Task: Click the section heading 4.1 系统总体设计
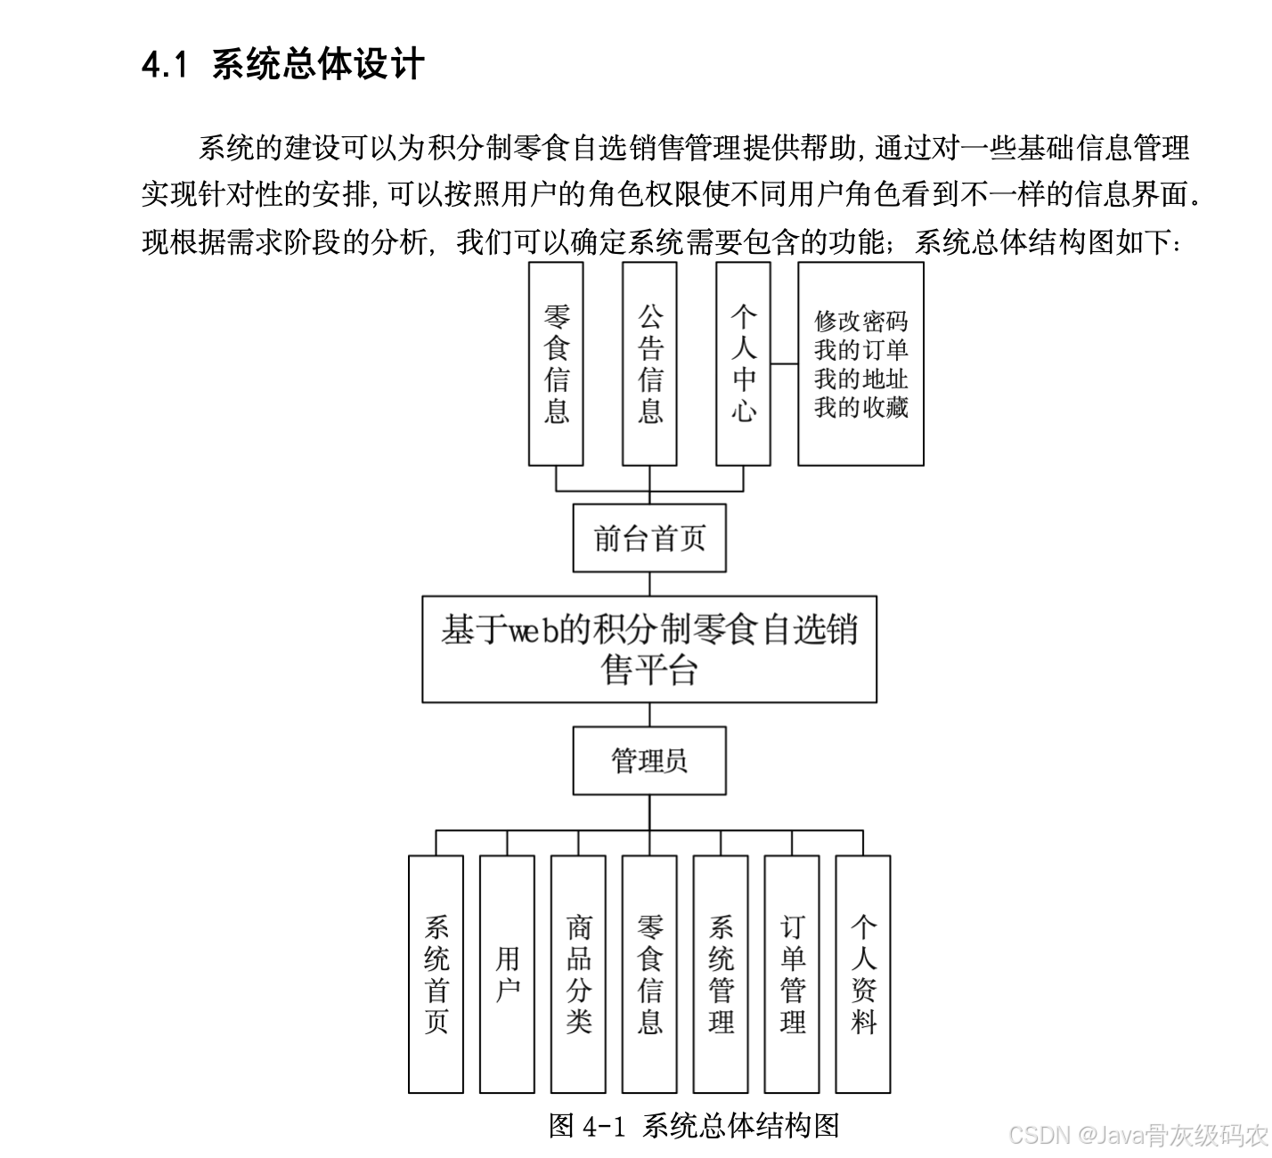tap(282, 65)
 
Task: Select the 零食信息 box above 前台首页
tap(556, 363)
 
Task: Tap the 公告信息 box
tap(649, 363)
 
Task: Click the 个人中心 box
tap(743, 363)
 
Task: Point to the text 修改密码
tap(860, 321)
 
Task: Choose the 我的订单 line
tap(860, 349)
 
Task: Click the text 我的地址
tap(860, 379)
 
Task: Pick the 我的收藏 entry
tap(860, 407)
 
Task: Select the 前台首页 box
tap(649, 538)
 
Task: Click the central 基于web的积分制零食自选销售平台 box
tap(649, 649)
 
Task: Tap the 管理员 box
tap(649, 761)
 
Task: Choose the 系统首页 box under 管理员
tap(436, 974)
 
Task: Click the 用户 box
tap(507, 974)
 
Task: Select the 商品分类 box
tap(578, 974)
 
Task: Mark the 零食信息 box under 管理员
tap(649, 974)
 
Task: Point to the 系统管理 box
tap(721, 974)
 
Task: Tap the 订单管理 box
tap(792, 974)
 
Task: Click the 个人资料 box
tap(863, 974)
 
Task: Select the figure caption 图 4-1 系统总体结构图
tap(694, 1125)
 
